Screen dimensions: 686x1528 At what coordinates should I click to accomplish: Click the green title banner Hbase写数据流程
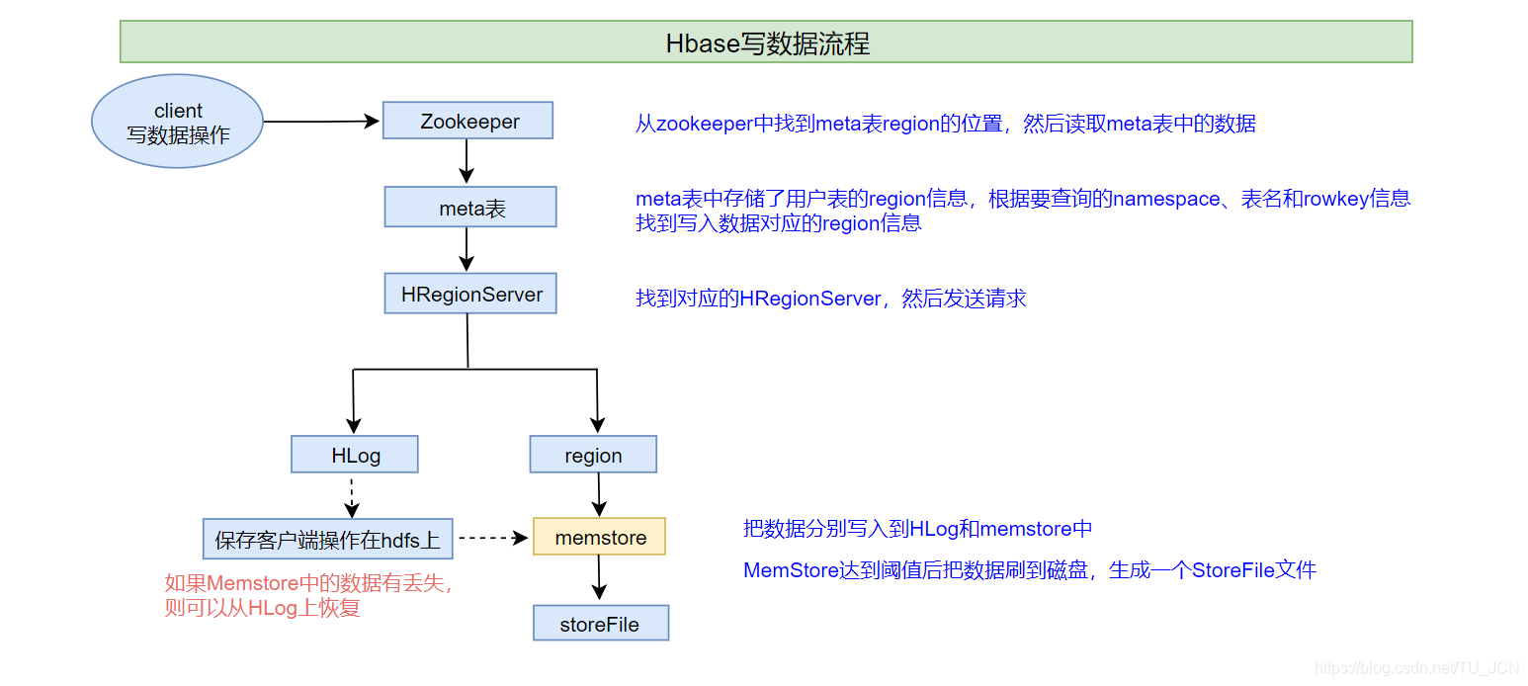(x=766, y=43)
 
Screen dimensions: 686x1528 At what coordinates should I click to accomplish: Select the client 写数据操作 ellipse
(x=178, y=122)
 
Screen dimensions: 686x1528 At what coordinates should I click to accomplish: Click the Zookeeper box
(x=467, y=121)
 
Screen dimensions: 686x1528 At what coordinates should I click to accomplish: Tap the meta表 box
(x=470, y=208)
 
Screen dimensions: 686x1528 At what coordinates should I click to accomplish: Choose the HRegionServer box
(x=470, y=295)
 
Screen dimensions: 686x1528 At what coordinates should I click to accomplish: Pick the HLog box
(x=355, y=455)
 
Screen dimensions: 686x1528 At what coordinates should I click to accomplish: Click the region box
(x=593, y=455)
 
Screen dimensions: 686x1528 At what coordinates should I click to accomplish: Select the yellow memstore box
(x=599, y=537)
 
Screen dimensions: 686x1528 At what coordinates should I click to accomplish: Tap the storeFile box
(x=600, y=624)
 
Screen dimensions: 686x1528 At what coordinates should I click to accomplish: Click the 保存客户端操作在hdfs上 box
(x=327, y=539)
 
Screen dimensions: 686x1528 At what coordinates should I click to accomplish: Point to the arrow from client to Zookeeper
(x=321, y=122)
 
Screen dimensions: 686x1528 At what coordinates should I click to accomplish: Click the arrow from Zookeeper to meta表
(x=467, y=162)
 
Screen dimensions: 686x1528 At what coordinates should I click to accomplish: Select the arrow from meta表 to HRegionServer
(x=467, y=249)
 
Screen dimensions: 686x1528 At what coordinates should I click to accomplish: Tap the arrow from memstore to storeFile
(x=598, y=578)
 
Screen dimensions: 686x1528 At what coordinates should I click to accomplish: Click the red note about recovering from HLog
(x=308, y=596)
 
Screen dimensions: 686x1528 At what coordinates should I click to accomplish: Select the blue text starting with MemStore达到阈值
(x=1029, y=570)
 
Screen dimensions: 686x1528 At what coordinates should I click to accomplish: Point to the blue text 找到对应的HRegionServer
(x=830, y=299)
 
